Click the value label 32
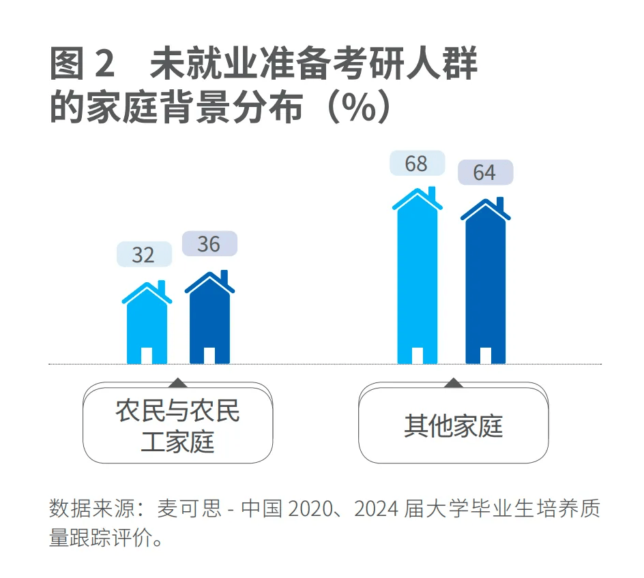click(143, 254)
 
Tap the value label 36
click(209, 243)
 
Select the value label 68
click(416, 164)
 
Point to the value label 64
click(484, 172)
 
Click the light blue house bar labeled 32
click(147, 324)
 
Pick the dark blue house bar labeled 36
click(209, 317)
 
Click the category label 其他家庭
click(453, 425)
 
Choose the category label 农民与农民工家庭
click(177, 427)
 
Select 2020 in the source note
click(310, 508)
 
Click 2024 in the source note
click(374, 508)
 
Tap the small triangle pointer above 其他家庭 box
click(453, 382)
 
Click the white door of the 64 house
click(485, 355)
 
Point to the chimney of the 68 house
click(431, 192)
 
